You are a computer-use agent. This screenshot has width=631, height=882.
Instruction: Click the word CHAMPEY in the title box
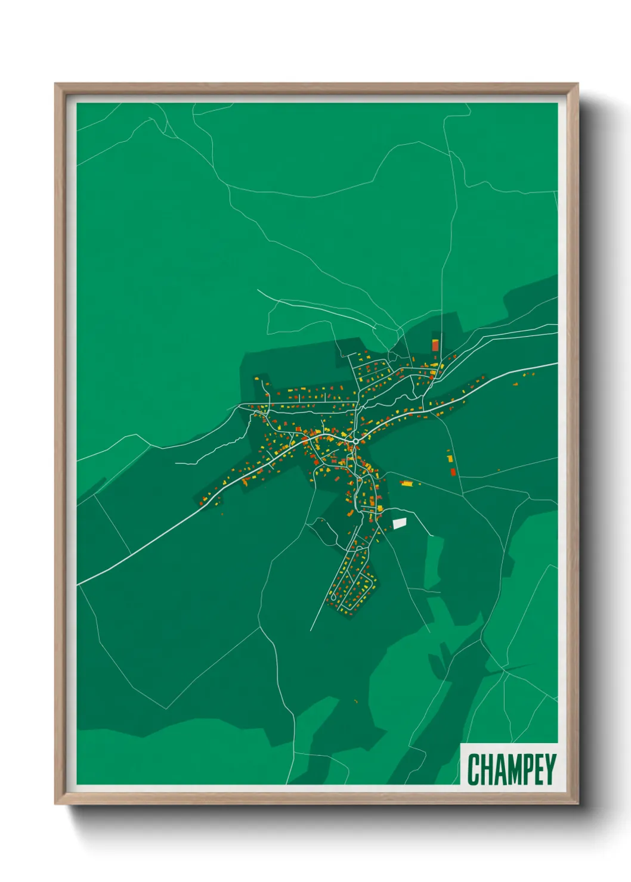click(x=512, y=769)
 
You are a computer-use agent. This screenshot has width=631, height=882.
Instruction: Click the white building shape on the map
click(x=399, y=523)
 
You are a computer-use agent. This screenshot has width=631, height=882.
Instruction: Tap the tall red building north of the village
click(x=435, y=345)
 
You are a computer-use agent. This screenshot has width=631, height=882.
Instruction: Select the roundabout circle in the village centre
click(x=355, y=441)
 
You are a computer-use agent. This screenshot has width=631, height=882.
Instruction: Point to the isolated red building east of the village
click(x=453, y=472)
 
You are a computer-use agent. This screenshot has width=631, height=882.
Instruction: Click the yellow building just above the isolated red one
click(x=450, y=459)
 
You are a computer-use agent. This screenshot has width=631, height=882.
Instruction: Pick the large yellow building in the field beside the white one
click(x=407, y=483)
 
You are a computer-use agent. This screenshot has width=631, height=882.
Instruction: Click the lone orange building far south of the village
click(x=355, y=701)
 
